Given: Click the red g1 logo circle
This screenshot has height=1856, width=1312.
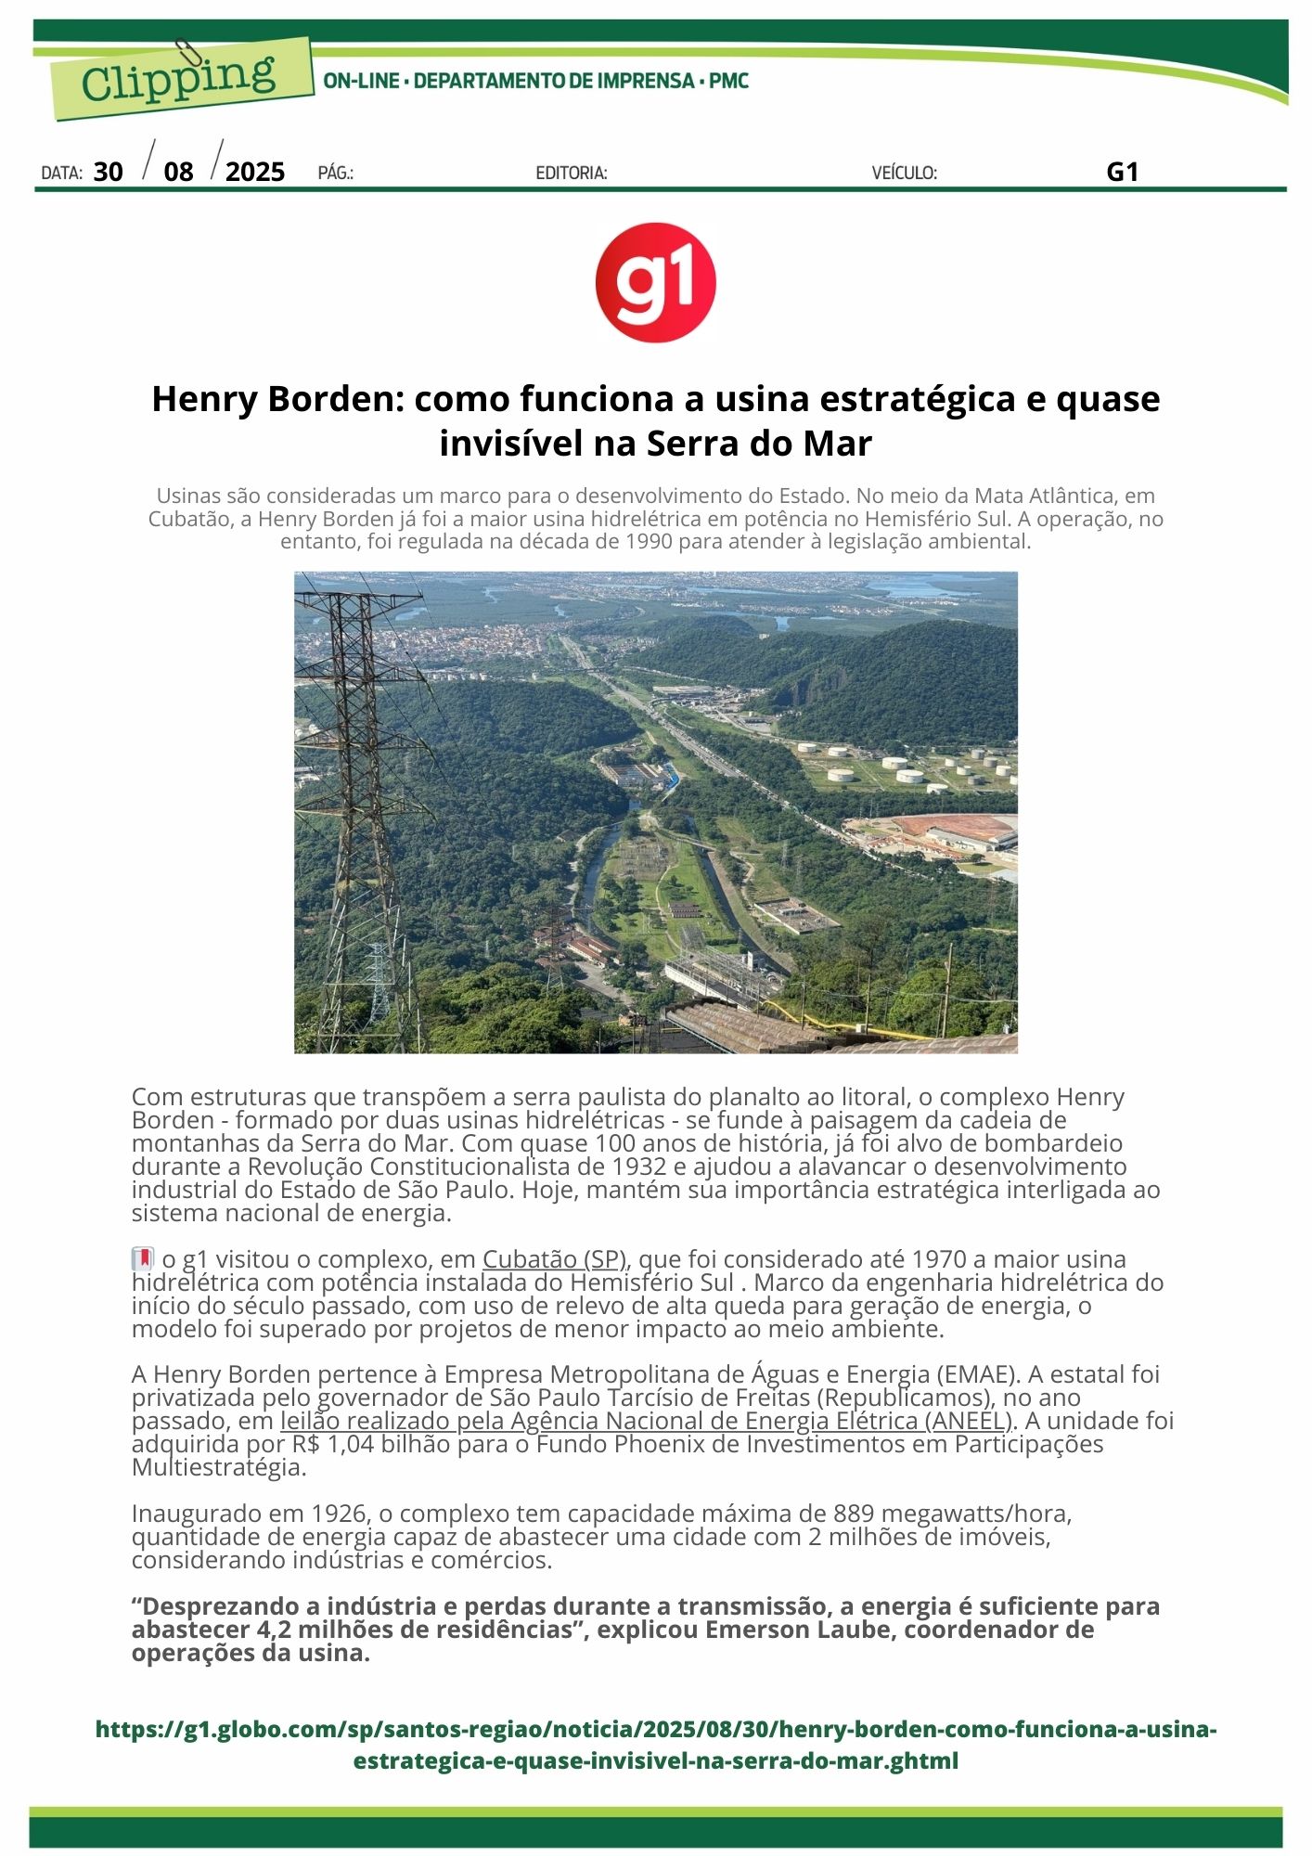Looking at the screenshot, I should (x=655, y=282).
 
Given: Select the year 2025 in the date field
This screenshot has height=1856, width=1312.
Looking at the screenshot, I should (x=255, y=172).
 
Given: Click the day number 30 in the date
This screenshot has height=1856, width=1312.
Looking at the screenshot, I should (x=109, y=172).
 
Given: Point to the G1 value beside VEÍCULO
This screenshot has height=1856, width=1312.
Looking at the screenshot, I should (x=1122, y=172).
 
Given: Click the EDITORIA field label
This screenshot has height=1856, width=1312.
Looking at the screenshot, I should (x=572, y=173).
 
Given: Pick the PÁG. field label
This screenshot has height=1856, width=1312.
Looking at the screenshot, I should (x=335, y=173).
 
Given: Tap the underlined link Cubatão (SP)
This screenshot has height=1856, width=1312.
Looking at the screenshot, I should (x=555, y=1259).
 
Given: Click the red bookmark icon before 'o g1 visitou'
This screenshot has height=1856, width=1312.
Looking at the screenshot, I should (x=143, y=1259).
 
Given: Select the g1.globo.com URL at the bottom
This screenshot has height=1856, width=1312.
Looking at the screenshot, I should (x=655, y=1745).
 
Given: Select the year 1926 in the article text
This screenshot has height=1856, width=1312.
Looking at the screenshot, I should (x=338, y=1514).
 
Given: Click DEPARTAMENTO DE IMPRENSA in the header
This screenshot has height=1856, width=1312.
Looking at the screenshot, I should (x=554, y=82).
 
